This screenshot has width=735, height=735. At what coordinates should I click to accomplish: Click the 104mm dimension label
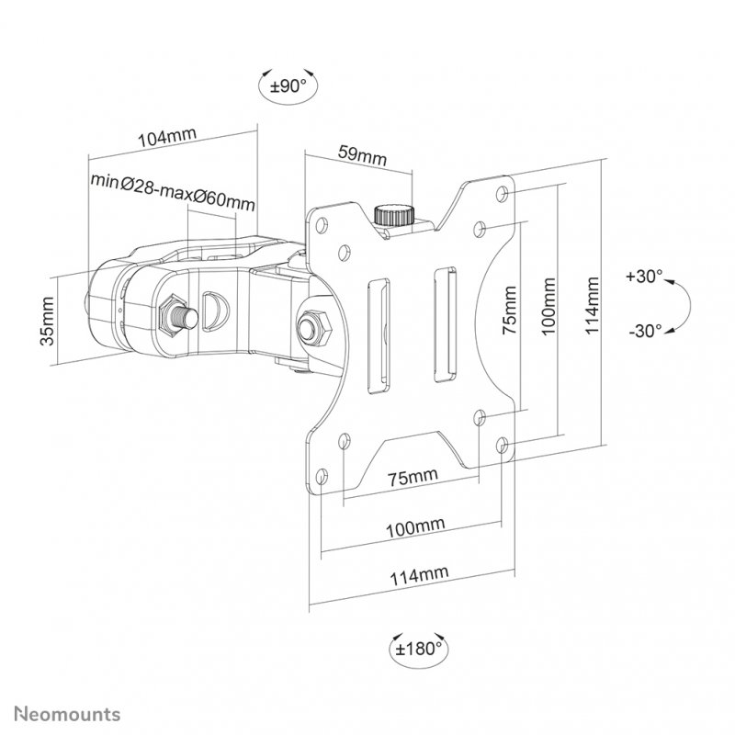[165, 138]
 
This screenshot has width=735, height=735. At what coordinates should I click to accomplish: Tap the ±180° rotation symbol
[417, 648]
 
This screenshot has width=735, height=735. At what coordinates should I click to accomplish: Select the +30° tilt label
[644, 276]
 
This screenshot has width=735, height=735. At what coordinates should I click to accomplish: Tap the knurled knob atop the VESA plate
[393, 215]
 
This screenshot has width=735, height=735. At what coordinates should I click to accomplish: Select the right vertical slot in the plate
[444, 322]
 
